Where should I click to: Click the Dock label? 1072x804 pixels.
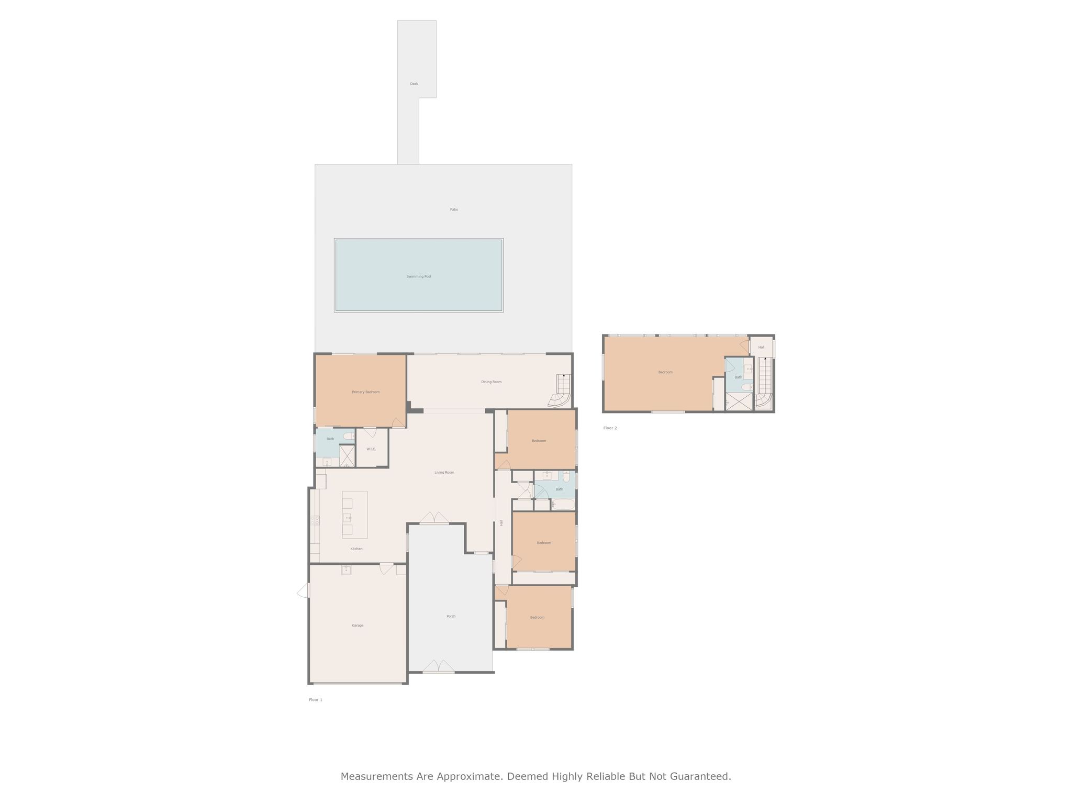coord(414,84)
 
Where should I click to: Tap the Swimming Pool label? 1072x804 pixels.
coord(419,276)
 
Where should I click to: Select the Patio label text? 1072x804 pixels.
coord(454,209)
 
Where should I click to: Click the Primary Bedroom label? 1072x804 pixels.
coord(365,392)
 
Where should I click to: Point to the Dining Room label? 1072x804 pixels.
coord(491,382)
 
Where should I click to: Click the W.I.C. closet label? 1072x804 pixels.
coord(371,449)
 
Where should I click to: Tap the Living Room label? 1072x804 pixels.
coord(444,473)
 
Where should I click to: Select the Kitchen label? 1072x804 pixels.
coord(356,549)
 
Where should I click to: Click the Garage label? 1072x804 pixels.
coord(358,626)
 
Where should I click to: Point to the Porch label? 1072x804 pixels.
coord(451,617)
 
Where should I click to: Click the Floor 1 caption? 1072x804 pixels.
coord(316,700)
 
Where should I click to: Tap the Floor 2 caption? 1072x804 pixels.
coord(610,428)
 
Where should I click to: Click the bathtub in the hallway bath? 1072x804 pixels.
coord(563,505)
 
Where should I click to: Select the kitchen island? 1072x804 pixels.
coord(355,515)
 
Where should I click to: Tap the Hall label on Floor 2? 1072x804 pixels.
coord(761,348)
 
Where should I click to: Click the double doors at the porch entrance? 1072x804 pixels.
coord(439,666)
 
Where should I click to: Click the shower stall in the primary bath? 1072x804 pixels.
coord(347,456)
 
